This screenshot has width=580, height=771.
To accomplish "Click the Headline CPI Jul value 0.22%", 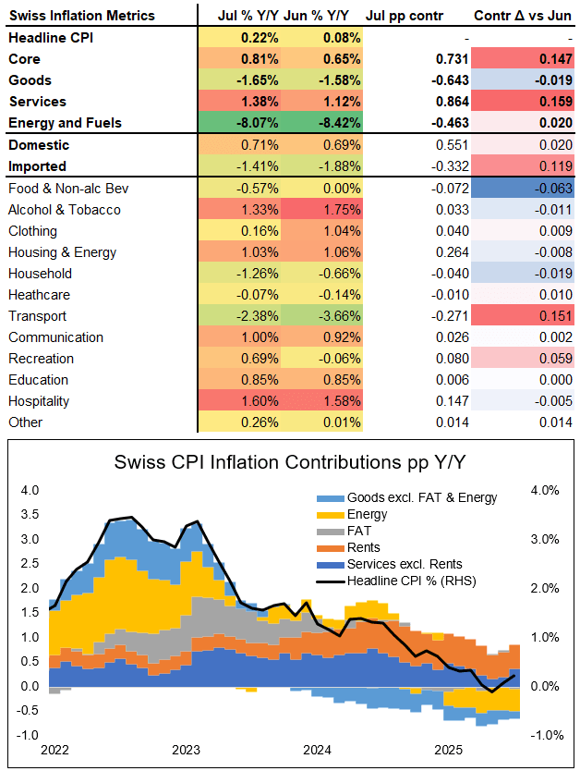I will (x=260, y=37).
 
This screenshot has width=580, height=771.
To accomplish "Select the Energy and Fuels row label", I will (x=65, y=123).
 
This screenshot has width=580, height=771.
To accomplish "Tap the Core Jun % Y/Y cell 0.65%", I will (x=331, y=58).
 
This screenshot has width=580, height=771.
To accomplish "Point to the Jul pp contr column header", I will (x=405, y=16).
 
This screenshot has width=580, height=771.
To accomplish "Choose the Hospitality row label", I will (x=38, y=401).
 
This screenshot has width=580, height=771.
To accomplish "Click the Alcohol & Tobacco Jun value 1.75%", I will (x=331, y=210).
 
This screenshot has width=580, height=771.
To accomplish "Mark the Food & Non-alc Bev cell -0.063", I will (x=525, y=189).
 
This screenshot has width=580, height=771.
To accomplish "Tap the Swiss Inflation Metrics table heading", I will (x=81, y=16).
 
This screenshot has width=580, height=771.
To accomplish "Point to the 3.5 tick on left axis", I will (x=31, y=515).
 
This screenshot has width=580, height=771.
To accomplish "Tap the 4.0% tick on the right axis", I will (x=544, y=490).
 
